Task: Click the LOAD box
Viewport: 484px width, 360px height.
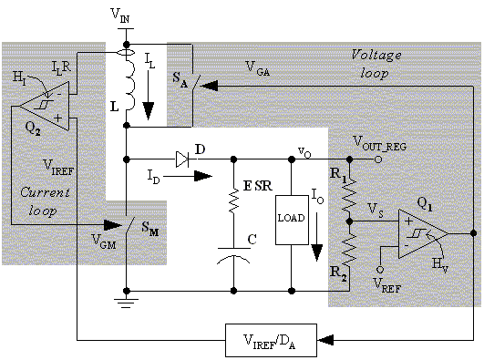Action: [292, 220]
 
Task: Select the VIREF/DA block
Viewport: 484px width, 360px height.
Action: [271, 340]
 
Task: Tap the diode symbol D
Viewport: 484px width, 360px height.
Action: [182, 159]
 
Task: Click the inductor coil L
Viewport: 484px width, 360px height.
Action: [130, 84]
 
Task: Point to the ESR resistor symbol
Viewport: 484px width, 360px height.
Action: [233, 201]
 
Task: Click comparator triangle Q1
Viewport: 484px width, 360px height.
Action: [423, 233]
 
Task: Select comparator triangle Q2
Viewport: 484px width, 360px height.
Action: [45, 107]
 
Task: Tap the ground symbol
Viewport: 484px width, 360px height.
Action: [126, 303]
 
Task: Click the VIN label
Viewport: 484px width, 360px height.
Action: [120, 15]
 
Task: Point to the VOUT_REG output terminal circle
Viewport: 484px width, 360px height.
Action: [378, 159]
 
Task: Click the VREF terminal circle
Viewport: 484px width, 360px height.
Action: [380, 270]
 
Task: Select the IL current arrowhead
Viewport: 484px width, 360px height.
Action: [149, 111]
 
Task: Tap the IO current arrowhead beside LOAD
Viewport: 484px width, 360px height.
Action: [317, 252]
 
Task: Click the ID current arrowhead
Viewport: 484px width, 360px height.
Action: [203, 176]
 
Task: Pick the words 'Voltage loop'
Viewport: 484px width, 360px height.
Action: [376, 64]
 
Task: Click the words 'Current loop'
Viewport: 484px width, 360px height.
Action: [45, 201]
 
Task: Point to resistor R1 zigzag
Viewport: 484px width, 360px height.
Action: [349, 195]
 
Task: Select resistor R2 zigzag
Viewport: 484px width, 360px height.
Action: [349, 250]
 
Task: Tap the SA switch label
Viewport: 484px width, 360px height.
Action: [180, 79]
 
